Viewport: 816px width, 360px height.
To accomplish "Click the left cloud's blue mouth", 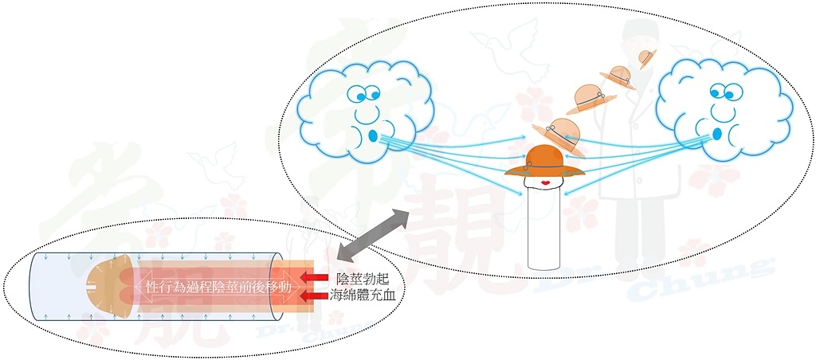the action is pyautogui.click(x=373, y=135).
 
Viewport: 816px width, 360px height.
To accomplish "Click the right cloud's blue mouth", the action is pyautogui.click(x=717, y=134).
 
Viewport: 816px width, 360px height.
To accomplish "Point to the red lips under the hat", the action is pyautogui.click(x=545, y=182).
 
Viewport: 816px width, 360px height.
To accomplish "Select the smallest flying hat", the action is pyautogui.click(x=647, y=57).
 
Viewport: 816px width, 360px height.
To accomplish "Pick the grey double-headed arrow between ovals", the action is pyautogui.click(x=373, y=234).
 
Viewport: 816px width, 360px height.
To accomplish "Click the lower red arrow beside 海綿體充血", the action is pyautogui.click(x=314, y=296).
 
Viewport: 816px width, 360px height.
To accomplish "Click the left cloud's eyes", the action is pyautogui.click(x=365, y=94).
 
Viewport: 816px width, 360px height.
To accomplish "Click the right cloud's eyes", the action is pyautogui.click(x=724, y=92).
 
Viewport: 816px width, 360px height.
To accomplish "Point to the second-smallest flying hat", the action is pyautogui.click(x=618, y=77).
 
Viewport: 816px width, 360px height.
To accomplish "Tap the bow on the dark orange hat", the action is pyautogui.click(x=529, y=166).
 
